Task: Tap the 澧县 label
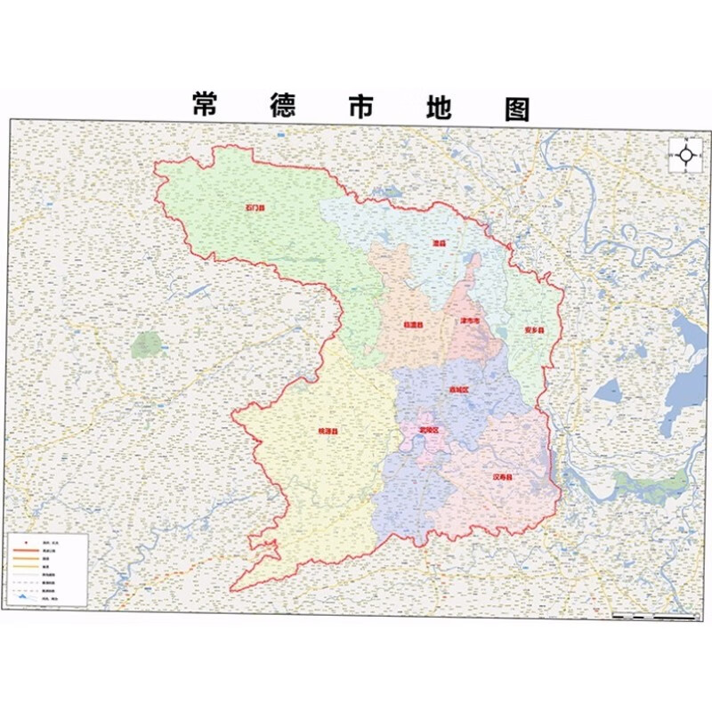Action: click(x=438, y=242)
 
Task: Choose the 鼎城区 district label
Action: click(x=458, y=389)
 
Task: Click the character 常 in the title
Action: click(x=206, y=105)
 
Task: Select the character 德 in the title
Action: click(x=285, y=105)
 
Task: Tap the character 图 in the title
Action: click(x=514, y=105)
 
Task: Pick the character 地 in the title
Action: click(x=435, y=105)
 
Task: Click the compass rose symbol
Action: click(x=686, y=155)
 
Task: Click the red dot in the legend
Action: click(x=25, y=541)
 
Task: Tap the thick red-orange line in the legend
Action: click(x=25, y=551)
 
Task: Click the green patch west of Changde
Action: click(x=147, y=345)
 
